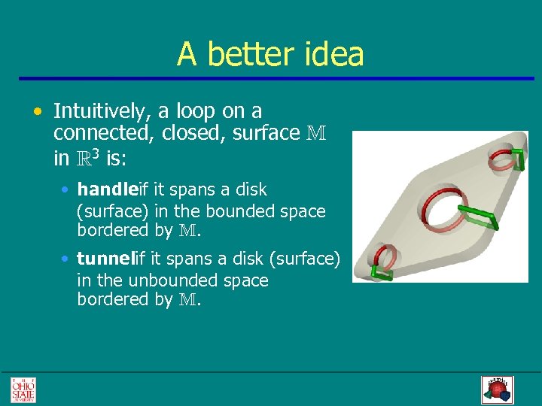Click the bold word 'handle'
(105, 189)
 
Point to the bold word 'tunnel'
(105, 259)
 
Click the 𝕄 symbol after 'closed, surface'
(317, 133)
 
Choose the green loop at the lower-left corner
(380, 272)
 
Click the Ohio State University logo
(23, 389)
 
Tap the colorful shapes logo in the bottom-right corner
(496, 389)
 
